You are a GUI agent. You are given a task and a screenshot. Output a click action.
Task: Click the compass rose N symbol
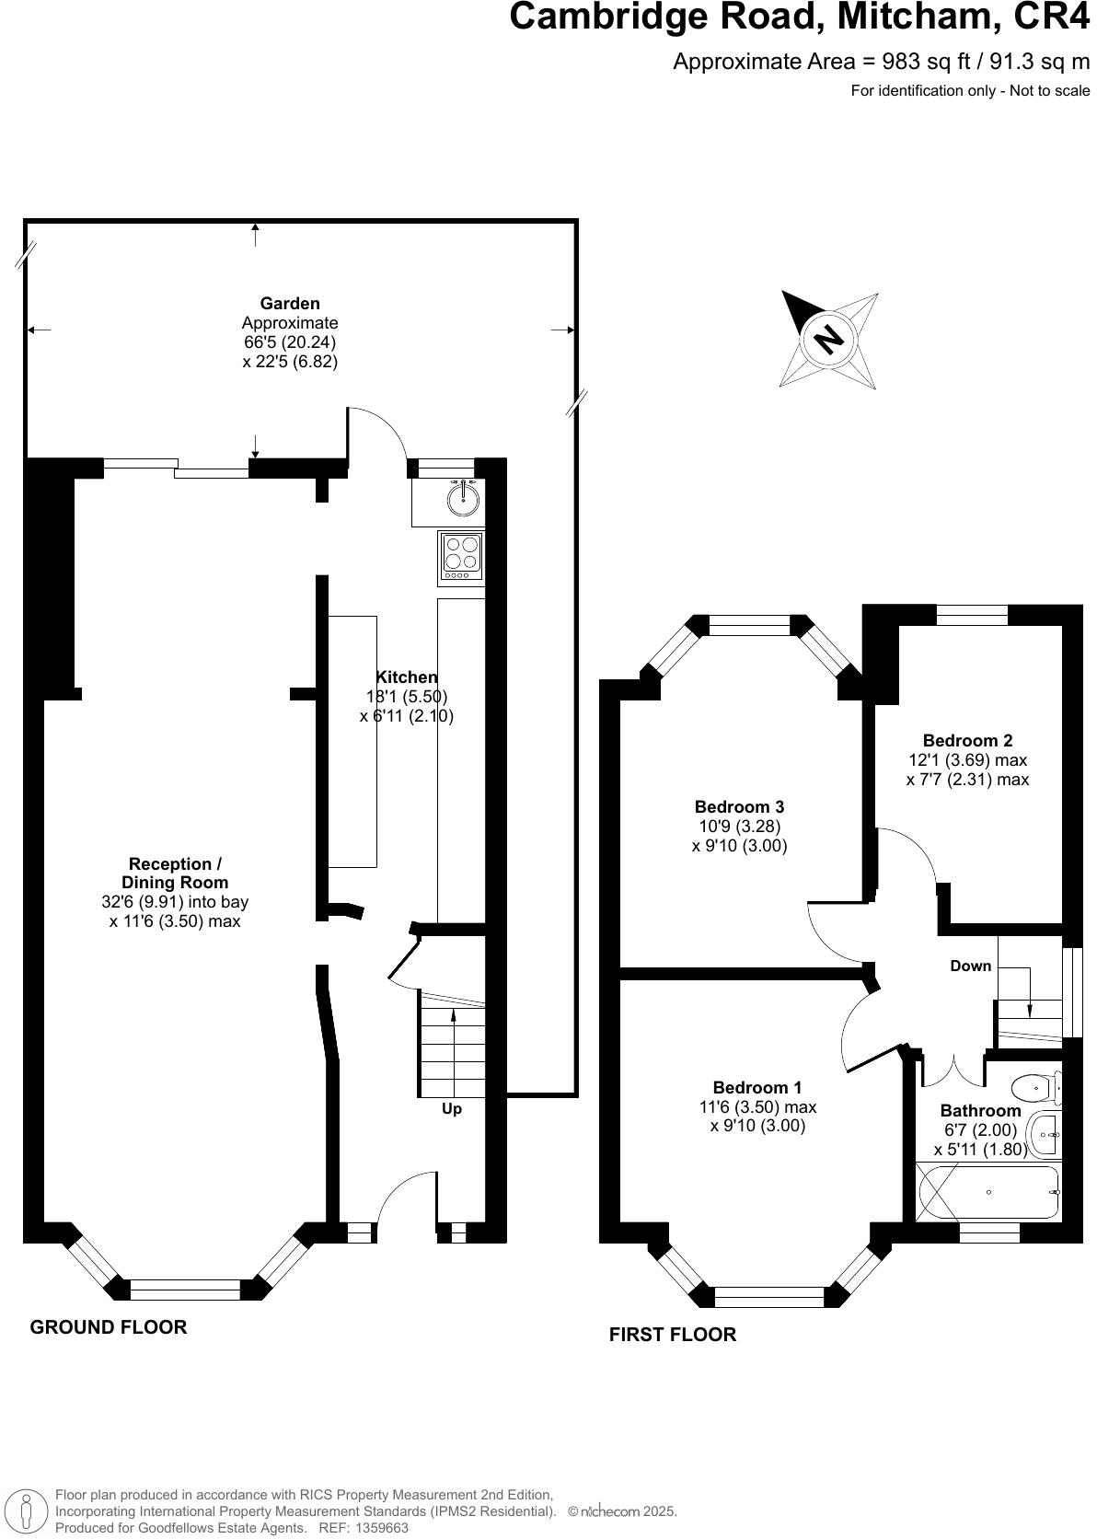829,339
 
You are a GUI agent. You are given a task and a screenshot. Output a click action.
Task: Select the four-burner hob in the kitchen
462,557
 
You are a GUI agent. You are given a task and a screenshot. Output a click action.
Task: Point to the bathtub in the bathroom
989,1193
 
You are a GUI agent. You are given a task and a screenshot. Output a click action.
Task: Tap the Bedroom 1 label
756,1087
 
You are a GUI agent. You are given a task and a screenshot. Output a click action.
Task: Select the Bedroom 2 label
967,740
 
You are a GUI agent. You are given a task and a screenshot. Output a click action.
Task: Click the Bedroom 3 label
739,807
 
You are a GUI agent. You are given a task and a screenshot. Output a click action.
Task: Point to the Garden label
290,303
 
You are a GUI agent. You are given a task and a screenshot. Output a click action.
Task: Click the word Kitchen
406,677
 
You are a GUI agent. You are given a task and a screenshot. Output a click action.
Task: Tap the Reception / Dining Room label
175,873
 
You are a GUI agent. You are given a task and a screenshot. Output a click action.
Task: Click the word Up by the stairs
452,1109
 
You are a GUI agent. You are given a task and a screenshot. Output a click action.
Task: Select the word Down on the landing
970,966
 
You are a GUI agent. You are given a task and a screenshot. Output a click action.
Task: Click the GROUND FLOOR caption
109,1326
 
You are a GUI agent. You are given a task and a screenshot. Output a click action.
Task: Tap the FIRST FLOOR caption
672,1334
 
